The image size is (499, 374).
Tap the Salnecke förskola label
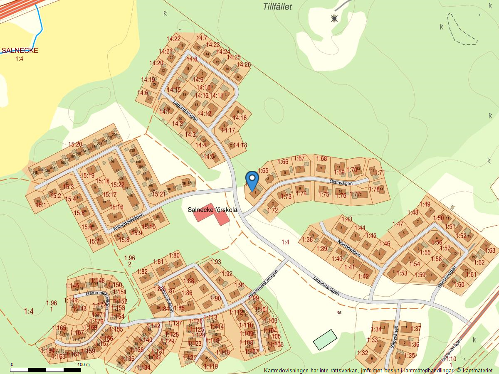click(x=212, y=210)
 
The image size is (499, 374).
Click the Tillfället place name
click(x=277, y=7)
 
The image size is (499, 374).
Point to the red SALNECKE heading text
click(x=20, y=51)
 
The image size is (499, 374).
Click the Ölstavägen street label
click(x=341, y=183)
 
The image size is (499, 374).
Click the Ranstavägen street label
click(x=447, y=277)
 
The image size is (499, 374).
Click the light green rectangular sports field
click(x=325, y=340)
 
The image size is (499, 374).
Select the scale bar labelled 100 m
click(x=46, y=369)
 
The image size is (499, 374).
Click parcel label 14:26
click(x=244, y=64)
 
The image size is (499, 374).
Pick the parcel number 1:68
click(x=321, y=158)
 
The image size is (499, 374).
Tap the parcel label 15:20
click(x=75, y=145)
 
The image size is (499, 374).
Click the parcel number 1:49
click(x=425, y=204)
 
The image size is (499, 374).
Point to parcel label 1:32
click(x=363, y=353)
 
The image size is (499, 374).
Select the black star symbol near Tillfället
click(x=334, y=18)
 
